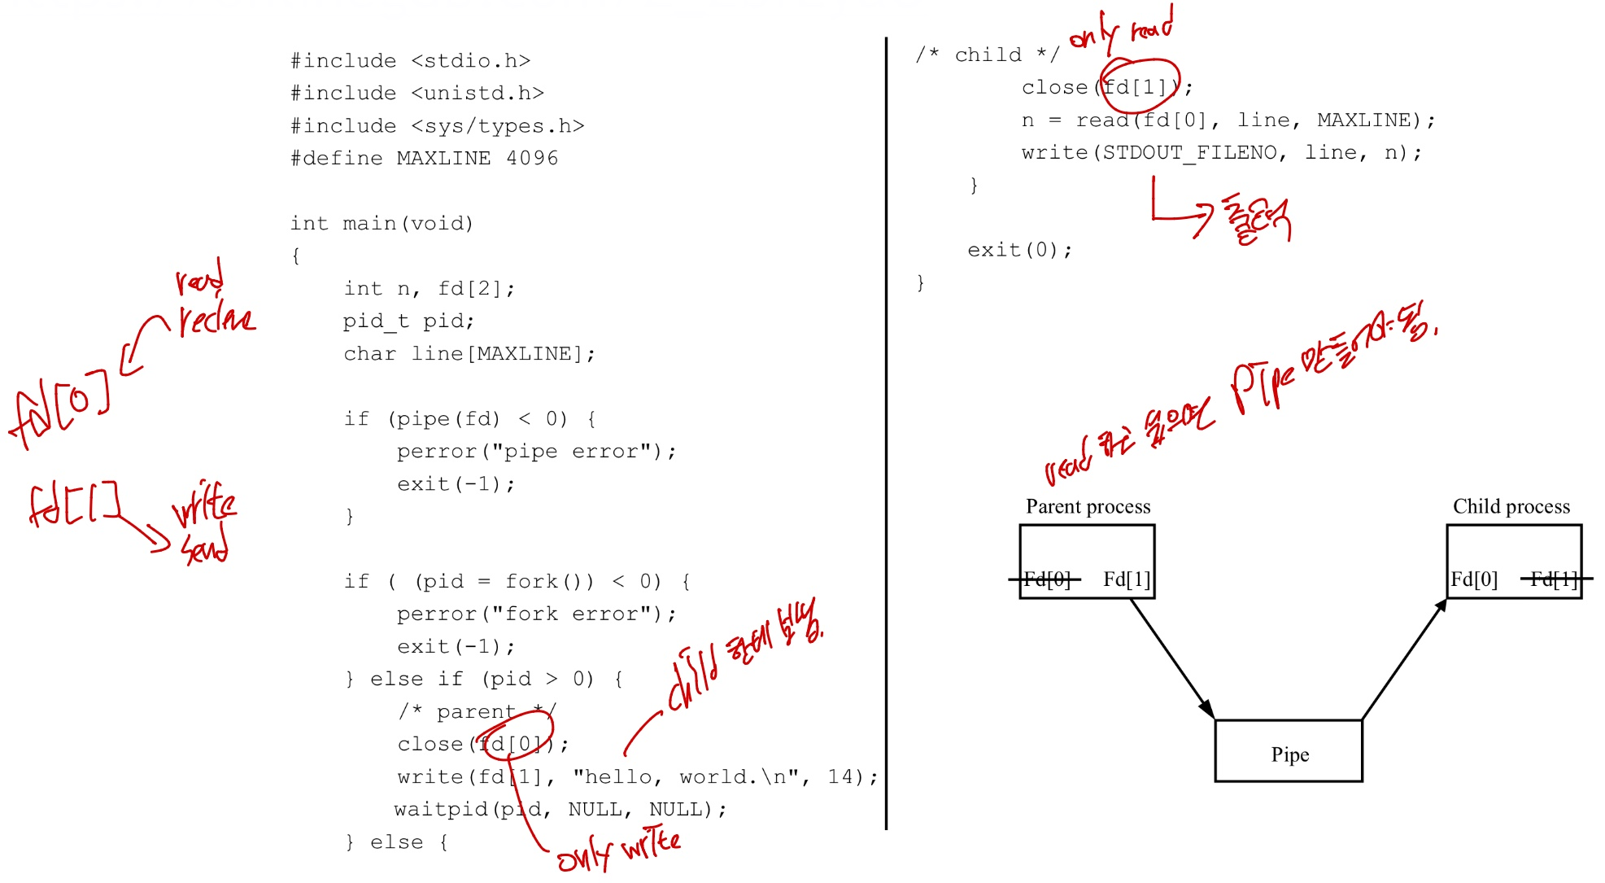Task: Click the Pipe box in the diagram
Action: pyautogui.click(x=1289, y=751)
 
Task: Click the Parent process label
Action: pyautogui.click(x=1088, y=507)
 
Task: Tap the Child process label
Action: pyautogui.click(x=1511, y=507)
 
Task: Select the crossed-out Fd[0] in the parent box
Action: pyautogui.click(x=1046, y=579)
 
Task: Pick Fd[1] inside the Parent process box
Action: pyautogui.click(x=1127, y=579)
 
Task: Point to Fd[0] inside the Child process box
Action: pyautogui.click(x=1474, y=579)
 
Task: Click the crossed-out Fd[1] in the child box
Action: pyautogui.click(x=1554, y=579)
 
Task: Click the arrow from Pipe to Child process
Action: pyautogui.click(x=1403, y=659)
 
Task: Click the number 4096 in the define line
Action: pyautogui.click(x=532, y=158)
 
